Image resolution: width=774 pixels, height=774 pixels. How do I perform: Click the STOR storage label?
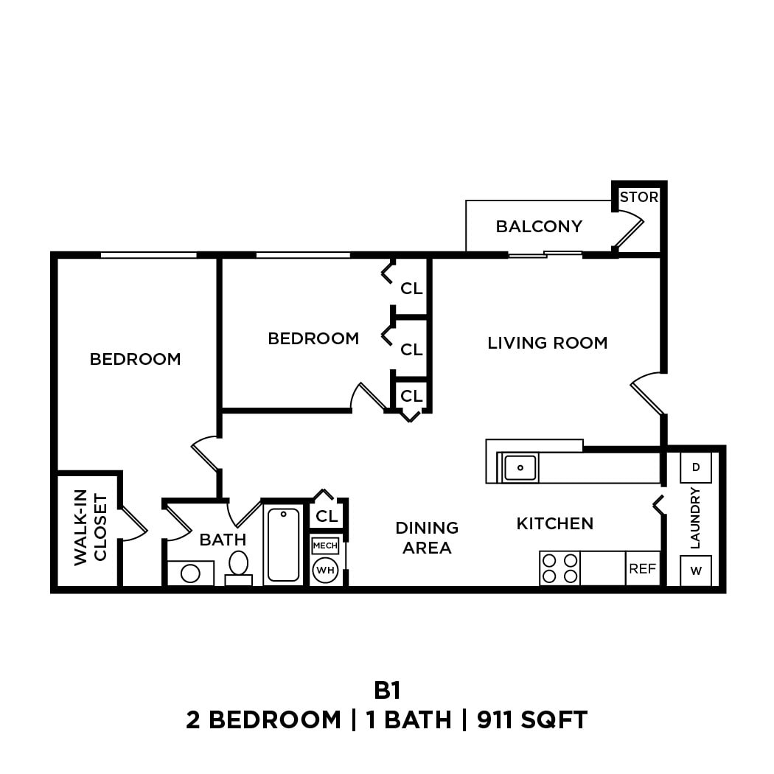(638, 198)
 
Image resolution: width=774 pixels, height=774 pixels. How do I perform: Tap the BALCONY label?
(539, 226)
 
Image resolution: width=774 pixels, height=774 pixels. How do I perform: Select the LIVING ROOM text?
(547, 343)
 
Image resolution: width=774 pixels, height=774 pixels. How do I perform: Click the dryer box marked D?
(695, 467)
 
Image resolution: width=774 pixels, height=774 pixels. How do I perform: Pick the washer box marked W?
(695, 571)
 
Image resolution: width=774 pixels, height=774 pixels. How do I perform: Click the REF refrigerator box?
(642, 568)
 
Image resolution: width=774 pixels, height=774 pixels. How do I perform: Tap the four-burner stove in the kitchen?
(559, 568)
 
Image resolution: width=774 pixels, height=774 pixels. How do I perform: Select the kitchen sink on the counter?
(520, 467)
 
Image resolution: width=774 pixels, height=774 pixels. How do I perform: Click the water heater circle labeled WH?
(325, 570)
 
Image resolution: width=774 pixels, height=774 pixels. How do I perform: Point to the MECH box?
(325, 545)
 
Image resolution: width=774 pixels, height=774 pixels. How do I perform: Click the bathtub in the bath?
(283, 545)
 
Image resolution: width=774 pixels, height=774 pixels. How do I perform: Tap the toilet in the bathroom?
(238, 565)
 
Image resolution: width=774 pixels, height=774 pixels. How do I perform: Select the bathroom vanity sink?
(190, 573)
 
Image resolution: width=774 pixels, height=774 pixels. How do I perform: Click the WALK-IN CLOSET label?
(90, 529)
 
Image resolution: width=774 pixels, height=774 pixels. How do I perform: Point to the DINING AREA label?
(427, 537)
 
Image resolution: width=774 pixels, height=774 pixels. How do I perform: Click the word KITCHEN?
(554, 523)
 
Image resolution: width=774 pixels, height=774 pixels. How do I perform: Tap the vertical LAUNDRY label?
(694, 518)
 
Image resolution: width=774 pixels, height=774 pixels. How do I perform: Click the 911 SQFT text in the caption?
(531, 719)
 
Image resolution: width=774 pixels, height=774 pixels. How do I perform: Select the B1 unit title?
(387, 691)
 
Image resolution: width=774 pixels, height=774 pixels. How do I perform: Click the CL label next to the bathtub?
(326, 516)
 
